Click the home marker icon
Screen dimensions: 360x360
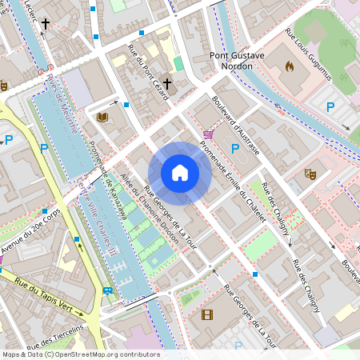click(x=180, y=173)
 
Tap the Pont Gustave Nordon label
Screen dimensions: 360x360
click(x=230, y=61)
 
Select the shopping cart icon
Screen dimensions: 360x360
click(x=209, y=134)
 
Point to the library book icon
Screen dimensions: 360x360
click(x=102, y=118)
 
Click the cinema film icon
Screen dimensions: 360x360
click(x=207, y=314)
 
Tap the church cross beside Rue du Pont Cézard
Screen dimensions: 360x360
click(x=167, y=83)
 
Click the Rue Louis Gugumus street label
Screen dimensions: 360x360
click(x=309, y=58)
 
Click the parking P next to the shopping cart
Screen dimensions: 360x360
click(x=234, y=148)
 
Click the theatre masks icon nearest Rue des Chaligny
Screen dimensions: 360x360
click(x=309, y=172)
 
